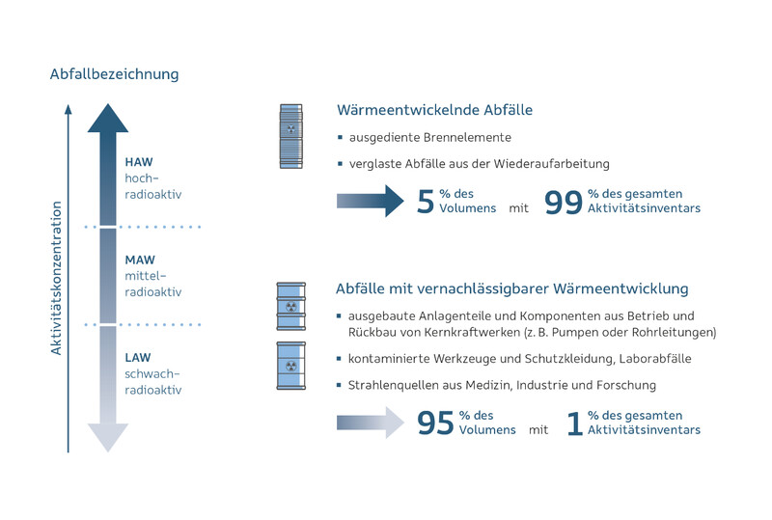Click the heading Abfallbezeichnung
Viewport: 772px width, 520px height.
[x=114, y=74]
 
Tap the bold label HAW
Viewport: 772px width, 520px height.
[x=138, y=161]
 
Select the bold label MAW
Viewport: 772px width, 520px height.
[x=140, y=260]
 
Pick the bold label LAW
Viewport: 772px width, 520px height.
[x=138, y=357]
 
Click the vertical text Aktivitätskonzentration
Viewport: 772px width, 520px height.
[x=56, y=278]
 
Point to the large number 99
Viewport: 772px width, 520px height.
[x=563, y=202]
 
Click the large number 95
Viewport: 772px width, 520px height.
[x=435, y=423]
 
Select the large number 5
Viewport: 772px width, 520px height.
[x=426, y=202]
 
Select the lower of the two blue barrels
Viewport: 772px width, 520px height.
[x=291, y=367]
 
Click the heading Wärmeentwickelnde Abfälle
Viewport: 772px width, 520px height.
[x=434, y=110]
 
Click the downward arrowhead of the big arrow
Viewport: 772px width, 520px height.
[x=107, y=437]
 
